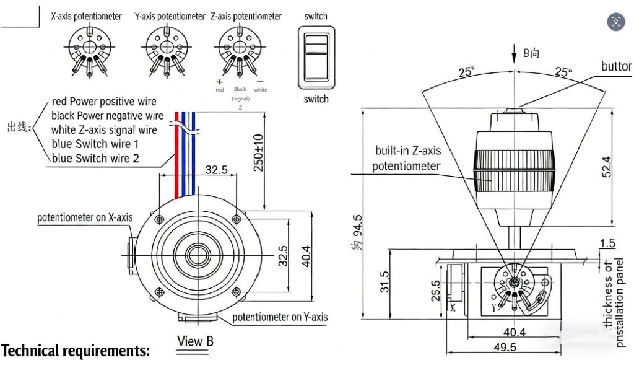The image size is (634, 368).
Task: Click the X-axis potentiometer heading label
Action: click(x=85, y=17)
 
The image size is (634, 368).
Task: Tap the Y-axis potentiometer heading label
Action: click(x=170, y=17)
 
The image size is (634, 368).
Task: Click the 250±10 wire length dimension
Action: click(x=259, y=152)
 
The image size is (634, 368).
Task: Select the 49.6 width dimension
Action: click(x=505, y=348)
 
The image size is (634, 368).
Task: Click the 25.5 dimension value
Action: click(x=435, y=290)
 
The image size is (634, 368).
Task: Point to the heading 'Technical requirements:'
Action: click(x=76, y=351)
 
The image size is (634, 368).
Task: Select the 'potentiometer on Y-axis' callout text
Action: click(x=280, y=317)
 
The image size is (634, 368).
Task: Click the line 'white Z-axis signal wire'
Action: click(x=104, y=130)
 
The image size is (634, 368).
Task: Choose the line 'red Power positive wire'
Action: click(x=104, y=101)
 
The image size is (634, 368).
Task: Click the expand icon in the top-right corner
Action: click(x=616, y=22)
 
